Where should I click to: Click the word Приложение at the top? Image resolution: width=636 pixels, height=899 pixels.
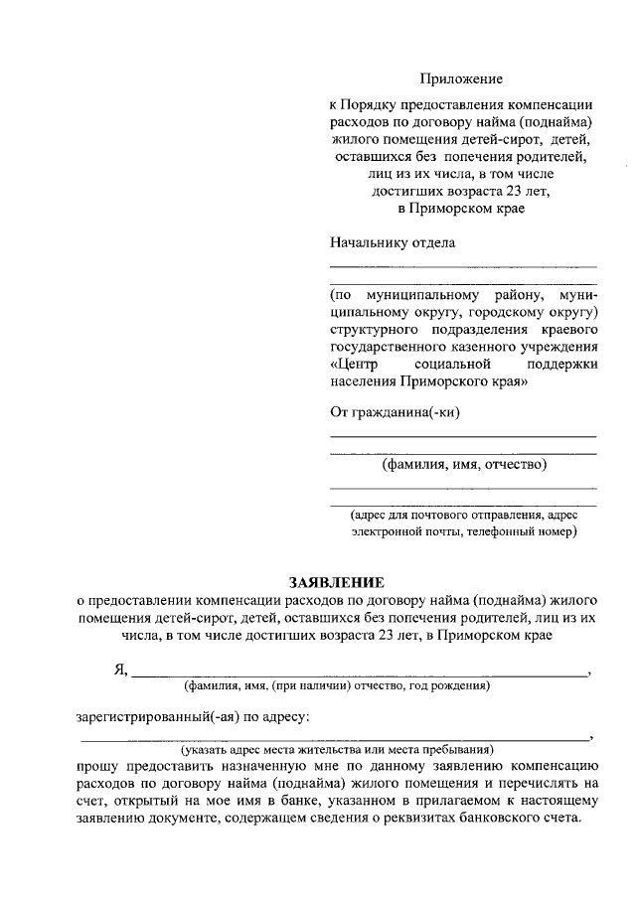click(461, 78)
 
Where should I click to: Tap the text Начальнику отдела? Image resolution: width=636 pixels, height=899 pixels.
click(392, 243)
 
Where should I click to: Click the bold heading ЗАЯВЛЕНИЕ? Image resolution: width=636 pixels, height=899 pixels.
click(335, 581)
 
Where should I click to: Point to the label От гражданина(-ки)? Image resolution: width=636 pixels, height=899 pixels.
click(395, 412)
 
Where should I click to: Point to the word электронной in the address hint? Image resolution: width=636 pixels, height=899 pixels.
click(387, 531)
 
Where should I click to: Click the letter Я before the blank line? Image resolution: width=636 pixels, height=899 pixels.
click(119, 670)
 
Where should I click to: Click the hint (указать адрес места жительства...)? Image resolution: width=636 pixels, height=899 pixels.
click(344, 749)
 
